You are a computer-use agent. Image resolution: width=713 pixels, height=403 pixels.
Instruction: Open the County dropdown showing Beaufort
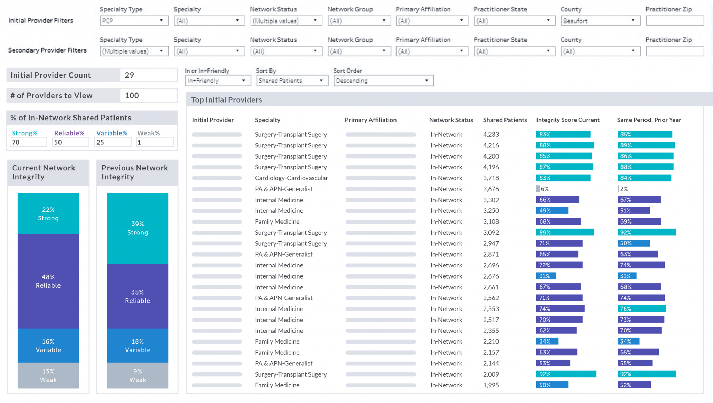coord(600,21)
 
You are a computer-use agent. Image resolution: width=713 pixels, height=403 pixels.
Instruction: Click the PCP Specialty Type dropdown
coord(134,21)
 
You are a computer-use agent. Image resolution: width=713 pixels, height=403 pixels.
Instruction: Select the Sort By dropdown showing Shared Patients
coord(292,81)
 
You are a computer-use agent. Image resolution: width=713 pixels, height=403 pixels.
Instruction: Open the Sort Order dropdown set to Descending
coord(383,81)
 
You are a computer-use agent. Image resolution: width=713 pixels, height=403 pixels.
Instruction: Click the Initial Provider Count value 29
coord(148,75)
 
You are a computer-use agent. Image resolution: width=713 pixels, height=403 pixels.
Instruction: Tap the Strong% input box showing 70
coord(28,142)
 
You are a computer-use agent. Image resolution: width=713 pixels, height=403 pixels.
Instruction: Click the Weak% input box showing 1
coord(154,142)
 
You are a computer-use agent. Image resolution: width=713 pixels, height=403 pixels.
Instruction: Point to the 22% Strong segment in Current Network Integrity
coord(48,213)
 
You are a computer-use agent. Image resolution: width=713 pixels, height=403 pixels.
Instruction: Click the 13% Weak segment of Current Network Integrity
coord(48,376)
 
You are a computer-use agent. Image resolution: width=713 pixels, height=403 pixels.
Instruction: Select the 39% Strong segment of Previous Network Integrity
coord(138,228)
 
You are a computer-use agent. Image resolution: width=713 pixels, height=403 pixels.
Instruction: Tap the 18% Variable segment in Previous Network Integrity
coord(138,346)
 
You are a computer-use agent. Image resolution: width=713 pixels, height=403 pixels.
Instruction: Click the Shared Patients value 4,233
coord(491,134)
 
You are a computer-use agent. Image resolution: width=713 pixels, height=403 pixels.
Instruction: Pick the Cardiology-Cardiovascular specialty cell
coord(291,178)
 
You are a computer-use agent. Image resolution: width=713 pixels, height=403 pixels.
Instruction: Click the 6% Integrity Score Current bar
coord(538,189)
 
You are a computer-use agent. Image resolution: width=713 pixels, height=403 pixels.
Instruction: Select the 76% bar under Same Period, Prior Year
coord(641,309)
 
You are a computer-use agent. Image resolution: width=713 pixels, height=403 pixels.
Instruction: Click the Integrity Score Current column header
coord(567,120)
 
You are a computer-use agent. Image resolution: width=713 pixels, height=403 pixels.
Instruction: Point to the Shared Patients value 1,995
coord(491,385)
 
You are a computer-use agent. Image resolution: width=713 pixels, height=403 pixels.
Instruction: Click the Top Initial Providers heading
coord(226,100)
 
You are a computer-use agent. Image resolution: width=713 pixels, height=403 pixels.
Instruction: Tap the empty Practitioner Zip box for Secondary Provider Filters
coord(674,51)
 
